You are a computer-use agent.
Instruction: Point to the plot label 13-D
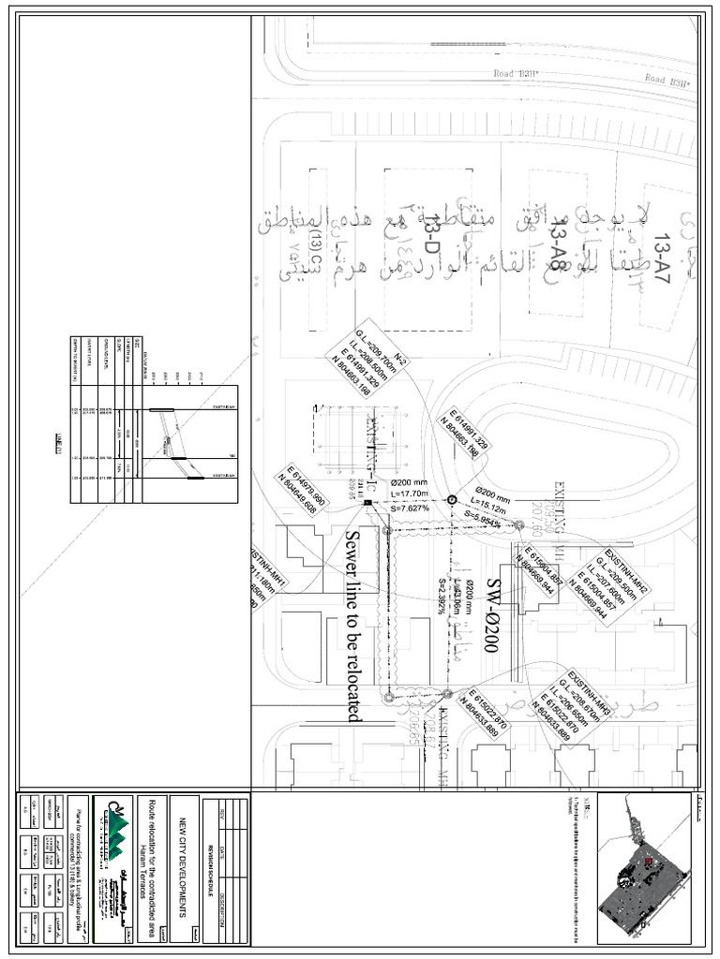coord(433,234)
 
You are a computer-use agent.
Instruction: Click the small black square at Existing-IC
coord(367,503)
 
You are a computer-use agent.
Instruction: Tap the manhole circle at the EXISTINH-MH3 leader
coord(447,694)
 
